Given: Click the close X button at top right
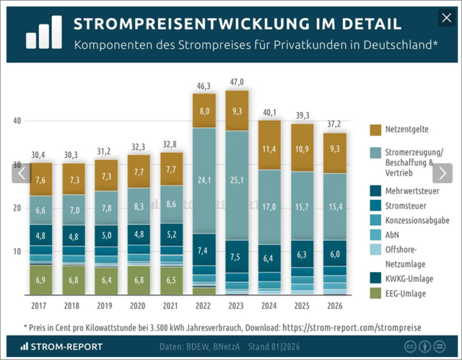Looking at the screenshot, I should coord(444,18).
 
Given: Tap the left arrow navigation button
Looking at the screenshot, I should coord(22,173).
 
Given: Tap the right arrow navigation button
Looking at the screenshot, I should coord(441,173).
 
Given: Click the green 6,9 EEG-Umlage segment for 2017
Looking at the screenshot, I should coord(41,278).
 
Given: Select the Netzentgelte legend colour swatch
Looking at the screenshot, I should coord(375,130).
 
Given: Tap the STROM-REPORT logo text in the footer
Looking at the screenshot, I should coord(65,346).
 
